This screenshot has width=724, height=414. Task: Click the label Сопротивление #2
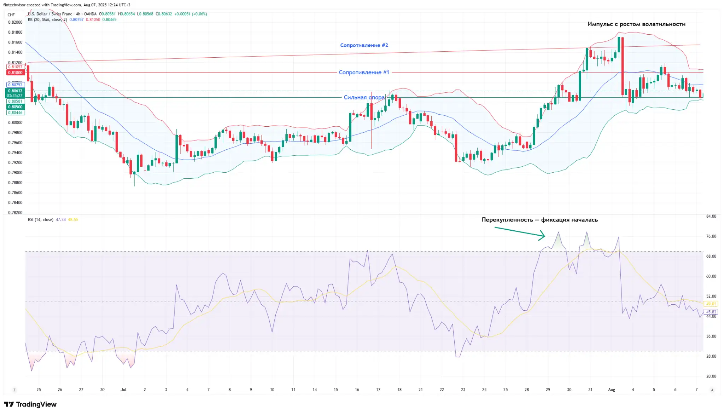point(364,45)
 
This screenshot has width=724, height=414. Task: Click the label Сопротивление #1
point(364,73)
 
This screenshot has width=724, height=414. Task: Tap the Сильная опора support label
point(364,97)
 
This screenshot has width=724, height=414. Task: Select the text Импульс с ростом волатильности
point(636,24)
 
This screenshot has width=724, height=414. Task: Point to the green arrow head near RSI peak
point(543,236)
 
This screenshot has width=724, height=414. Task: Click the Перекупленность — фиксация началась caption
point(539,220)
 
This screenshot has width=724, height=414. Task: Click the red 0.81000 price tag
point(15,73)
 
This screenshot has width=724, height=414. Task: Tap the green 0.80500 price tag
point(15,107)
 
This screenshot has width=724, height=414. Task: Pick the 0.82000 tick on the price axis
point(15,22)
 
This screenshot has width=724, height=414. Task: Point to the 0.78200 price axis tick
point(15,213)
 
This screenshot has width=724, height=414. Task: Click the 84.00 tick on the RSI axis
point(711,216)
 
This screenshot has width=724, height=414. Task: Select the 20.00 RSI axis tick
point(711,376)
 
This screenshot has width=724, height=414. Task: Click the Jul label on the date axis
point(123,390)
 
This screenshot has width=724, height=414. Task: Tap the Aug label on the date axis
point(612,390)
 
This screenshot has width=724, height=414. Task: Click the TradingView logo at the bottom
point(30,404)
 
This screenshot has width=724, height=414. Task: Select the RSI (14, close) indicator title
point(41,220)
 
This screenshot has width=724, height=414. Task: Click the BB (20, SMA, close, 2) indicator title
point(47,20)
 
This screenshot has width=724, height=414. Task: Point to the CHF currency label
point(11,15)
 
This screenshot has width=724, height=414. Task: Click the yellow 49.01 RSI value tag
point(711,304)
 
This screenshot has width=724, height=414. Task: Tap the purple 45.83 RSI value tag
point(711,312)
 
